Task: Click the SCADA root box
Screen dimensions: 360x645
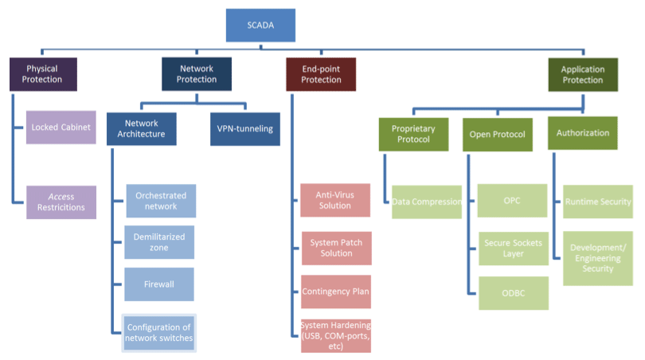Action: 260,25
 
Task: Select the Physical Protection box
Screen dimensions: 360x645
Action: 44,74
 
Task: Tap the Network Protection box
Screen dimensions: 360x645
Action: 197,74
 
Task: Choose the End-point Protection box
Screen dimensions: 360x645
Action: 321,74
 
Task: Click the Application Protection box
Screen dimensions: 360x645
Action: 583,74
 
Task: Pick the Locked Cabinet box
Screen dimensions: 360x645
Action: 61,127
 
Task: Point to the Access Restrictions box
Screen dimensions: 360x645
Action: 61,202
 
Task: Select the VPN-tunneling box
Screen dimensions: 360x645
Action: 246,129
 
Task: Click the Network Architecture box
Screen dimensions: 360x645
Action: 141,129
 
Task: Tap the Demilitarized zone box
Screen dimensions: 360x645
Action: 160,242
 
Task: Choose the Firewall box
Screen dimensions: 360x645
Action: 160,284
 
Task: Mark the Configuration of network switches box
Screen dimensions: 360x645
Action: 158,333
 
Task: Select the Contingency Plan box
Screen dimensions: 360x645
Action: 336,292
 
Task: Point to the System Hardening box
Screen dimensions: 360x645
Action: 336,335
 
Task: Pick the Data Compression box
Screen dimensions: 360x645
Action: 427,202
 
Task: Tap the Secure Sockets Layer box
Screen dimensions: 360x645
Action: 513,248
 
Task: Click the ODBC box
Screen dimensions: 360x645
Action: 513,293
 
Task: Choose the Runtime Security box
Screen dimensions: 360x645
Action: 598,202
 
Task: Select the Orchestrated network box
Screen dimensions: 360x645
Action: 161,201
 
